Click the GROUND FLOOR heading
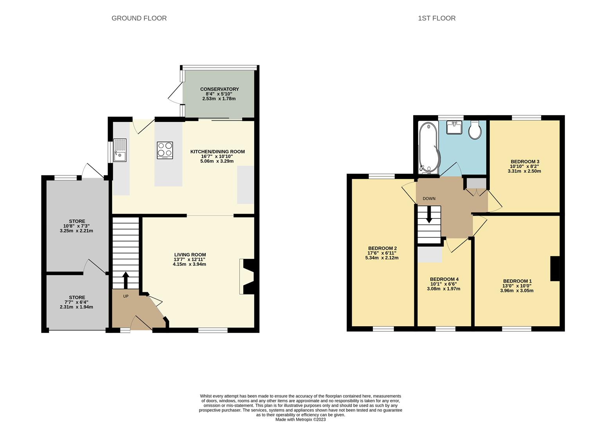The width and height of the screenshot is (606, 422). click(139, 18)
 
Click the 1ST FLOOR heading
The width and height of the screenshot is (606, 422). click(437, 18)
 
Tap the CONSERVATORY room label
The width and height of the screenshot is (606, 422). click(219, 89)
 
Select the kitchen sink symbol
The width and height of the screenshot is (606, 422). click(120, 150)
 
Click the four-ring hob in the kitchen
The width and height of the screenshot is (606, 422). click(165, 150)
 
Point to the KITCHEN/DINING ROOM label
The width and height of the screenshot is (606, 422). click(218, 152)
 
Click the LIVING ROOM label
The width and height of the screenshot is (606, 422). click(190, 255)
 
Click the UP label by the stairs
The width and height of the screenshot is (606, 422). click(126, 296)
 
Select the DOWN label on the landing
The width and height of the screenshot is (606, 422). click(429, 198)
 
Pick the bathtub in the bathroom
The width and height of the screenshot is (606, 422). click(429, 148)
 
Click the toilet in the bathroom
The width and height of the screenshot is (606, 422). click(475, 130)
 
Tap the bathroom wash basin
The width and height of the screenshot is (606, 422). click(455, 127)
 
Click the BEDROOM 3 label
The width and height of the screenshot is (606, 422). click(525, 161)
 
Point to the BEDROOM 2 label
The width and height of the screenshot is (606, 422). click(382, 248)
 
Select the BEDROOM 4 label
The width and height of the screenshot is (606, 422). click(444, 279)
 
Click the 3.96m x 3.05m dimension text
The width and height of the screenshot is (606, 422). click(516, 290)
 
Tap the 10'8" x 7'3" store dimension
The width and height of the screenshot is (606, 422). click(77, 226)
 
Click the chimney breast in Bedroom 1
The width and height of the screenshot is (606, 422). click(555, 268)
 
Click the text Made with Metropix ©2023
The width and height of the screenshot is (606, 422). click(300, 420)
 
